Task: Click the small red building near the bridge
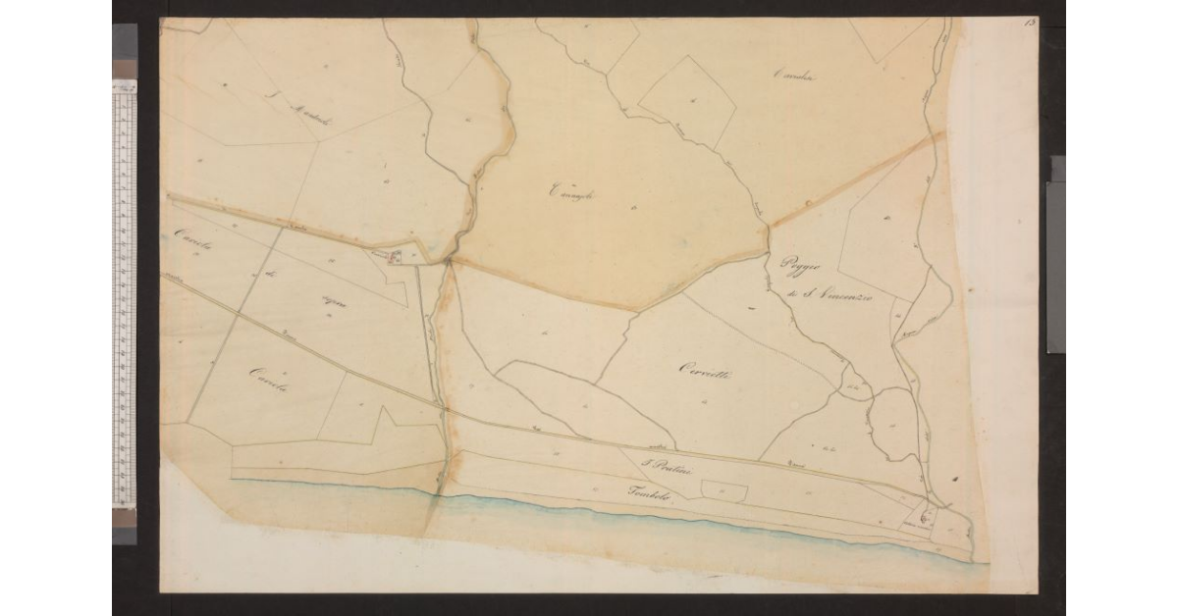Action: (x=396, y=258)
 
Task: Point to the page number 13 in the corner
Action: (x=1029, y=23)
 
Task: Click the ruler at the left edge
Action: (x=124, y=294)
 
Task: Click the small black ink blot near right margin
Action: (x=954, y=478)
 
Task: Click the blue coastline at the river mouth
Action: (x=437, y=498)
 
